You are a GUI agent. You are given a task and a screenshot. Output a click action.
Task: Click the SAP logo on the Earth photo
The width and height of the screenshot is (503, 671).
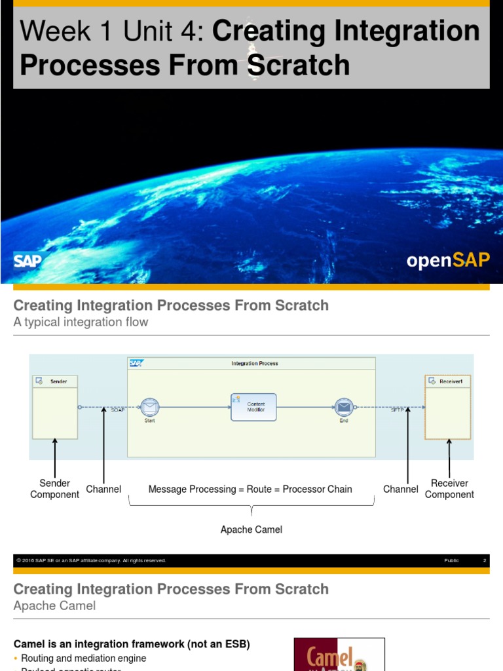click(x=28, y=260)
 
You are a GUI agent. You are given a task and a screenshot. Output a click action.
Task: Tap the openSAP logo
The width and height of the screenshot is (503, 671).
click(x=448, y=260)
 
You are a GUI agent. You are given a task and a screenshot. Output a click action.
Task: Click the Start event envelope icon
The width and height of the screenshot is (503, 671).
click(x=150, y=408)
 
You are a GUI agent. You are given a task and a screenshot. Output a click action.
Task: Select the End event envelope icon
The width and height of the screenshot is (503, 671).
click(x=344, y=408)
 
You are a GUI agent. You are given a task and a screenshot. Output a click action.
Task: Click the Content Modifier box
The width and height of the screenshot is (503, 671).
click(x=253, y=407)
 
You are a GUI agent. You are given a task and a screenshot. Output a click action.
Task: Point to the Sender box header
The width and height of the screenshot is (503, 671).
click(x=55, y=381)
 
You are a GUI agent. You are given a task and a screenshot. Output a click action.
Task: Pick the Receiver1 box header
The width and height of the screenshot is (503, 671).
click(x=448, y=380)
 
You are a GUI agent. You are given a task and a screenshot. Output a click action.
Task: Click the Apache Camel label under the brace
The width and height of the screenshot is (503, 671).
click(x=251, y=529)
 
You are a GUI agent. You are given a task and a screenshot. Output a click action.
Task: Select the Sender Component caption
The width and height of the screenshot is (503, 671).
click(x=55, y=489)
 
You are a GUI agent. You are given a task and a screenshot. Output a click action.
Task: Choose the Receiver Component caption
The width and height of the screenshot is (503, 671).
click(x=449, y=489)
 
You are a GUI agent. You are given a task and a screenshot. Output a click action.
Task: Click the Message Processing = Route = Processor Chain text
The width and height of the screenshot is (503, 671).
click(x=250, y=489)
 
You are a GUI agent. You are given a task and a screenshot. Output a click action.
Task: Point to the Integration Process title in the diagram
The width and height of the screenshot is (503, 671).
click(x=255, y=364)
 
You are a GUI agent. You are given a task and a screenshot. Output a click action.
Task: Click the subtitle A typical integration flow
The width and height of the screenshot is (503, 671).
click(x=81, y=322)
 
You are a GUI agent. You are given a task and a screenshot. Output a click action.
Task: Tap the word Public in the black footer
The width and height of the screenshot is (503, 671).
click(x=451, y=561)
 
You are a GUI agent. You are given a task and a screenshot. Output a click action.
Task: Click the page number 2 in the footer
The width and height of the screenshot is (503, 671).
click(x=485, y=561)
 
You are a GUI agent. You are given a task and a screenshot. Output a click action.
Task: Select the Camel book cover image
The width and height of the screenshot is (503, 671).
click(x=339, y=654)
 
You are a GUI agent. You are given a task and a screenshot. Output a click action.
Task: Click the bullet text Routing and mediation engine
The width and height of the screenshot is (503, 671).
click(x=84, y=658)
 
